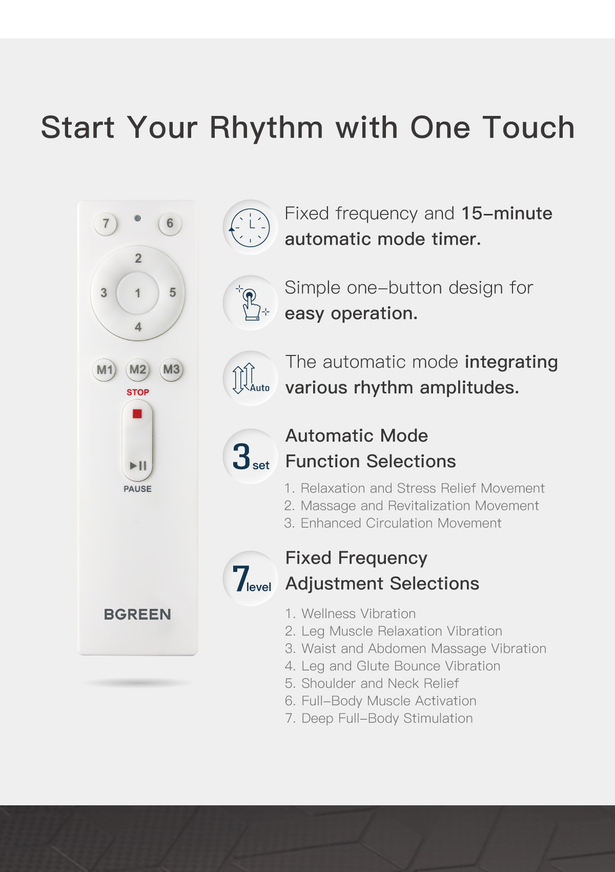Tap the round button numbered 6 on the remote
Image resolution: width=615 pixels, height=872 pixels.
point(170,224)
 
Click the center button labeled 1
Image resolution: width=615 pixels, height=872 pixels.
point(138,293)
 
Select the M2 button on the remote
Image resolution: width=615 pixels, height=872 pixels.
point(138,369)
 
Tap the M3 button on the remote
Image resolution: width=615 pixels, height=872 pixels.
point(171,369)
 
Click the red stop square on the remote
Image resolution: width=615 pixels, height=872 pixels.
point(137,413)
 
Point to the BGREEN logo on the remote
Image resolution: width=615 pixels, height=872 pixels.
point(137,615)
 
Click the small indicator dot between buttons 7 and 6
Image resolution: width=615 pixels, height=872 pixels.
point(137,219)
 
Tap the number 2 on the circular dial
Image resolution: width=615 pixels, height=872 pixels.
point(138,258)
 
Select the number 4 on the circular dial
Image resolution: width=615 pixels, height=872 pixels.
point(138,327)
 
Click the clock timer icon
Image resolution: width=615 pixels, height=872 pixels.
point(250,227)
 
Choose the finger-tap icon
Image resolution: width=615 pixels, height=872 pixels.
point(250,303)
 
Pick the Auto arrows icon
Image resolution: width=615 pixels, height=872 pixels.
point(250,379)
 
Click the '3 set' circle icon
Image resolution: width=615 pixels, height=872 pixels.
point(250,456)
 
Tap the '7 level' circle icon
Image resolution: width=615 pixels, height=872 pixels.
point(250,579)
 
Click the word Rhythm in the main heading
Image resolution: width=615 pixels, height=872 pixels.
point(266,128)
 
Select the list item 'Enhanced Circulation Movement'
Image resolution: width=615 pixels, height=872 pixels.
point(393,523)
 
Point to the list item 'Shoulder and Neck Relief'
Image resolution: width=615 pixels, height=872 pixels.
point(372,684)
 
